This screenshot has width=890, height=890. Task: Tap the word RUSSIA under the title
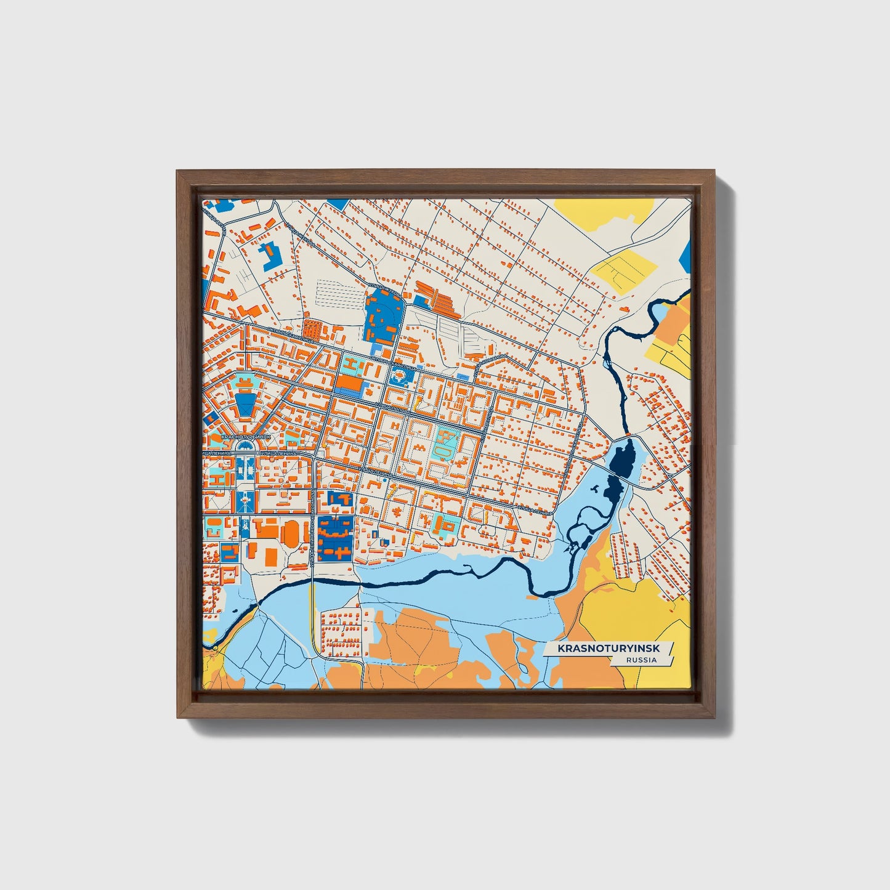pos(641,660)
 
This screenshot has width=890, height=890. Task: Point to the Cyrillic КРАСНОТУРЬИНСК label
pos(245,436)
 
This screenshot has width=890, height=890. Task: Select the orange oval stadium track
pos(290,532)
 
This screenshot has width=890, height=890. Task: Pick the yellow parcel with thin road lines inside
pos(623,270)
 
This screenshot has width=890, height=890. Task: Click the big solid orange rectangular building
pos(349,382)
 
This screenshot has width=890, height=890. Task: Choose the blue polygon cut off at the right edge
pos(687,253)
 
